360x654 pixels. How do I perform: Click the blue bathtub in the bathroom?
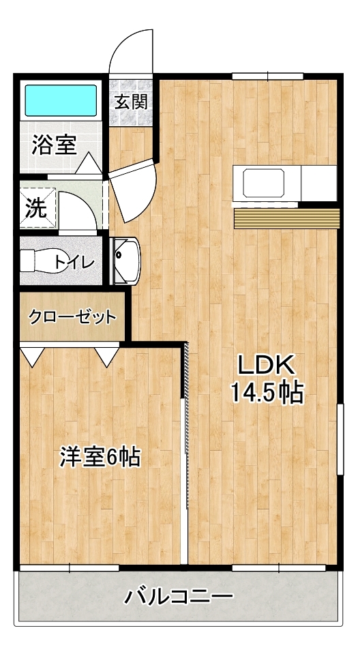pos(61,100)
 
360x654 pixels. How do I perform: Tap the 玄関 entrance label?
pos(131,102)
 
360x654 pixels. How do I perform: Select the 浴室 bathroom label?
pos(54,145)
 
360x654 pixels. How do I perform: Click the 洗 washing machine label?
pos(36,209)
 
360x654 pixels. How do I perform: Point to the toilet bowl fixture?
pos(44,261)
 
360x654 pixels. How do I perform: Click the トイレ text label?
pos(75,263)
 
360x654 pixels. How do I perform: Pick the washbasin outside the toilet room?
pos(126,261)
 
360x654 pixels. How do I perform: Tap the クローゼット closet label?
pos(72,317)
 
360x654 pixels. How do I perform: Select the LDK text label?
pos(267,365)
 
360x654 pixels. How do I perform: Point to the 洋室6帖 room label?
pos(100,457)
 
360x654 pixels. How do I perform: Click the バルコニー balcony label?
pos(179,597)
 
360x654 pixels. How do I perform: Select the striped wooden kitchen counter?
pos(286,218)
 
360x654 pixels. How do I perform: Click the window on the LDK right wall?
pos(340,439)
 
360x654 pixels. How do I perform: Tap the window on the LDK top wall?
pos(267,76)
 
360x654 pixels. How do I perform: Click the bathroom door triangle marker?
pos(89,164)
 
